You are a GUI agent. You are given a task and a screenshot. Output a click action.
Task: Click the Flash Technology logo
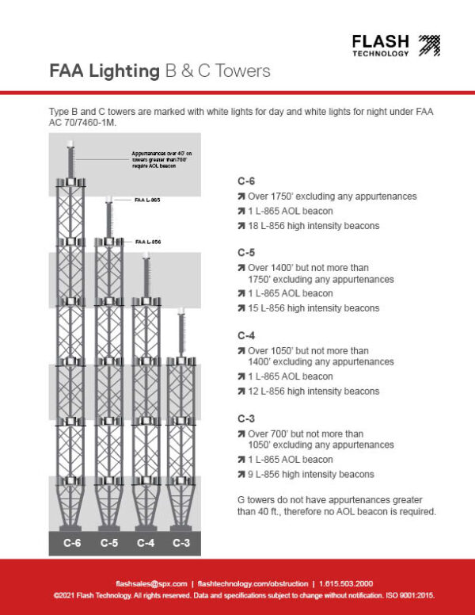(x=395, y=45)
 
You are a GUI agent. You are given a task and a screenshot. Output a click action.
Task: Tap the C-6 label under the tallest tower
(x=72, y=543)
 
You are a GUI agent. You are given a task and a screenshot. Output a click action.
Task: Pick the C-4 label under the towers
(x=145, y=543)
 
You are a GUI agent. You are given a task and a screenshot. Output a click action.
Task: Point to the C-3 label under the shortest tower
(x=181, y=543)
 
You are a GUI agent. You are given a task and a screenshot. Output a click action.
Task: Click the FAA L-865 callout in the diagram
(x=148, y=201)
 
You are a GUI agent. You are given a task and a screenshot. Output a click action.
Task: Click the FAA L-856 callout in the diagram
(x=148, y=241)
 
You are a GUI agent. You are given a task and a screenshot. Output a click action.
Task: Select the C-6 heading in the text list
(x=246, y=181)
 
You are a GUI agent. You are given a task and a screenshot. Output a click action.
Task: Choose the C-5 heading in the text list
(x=246, y=253)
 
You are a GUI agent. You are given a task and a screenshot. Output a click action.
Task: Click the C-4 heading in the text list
(x=246, y=335)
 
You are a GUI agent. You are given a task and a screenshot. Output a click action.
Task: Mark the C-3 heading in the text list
(x=246, y=418)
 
